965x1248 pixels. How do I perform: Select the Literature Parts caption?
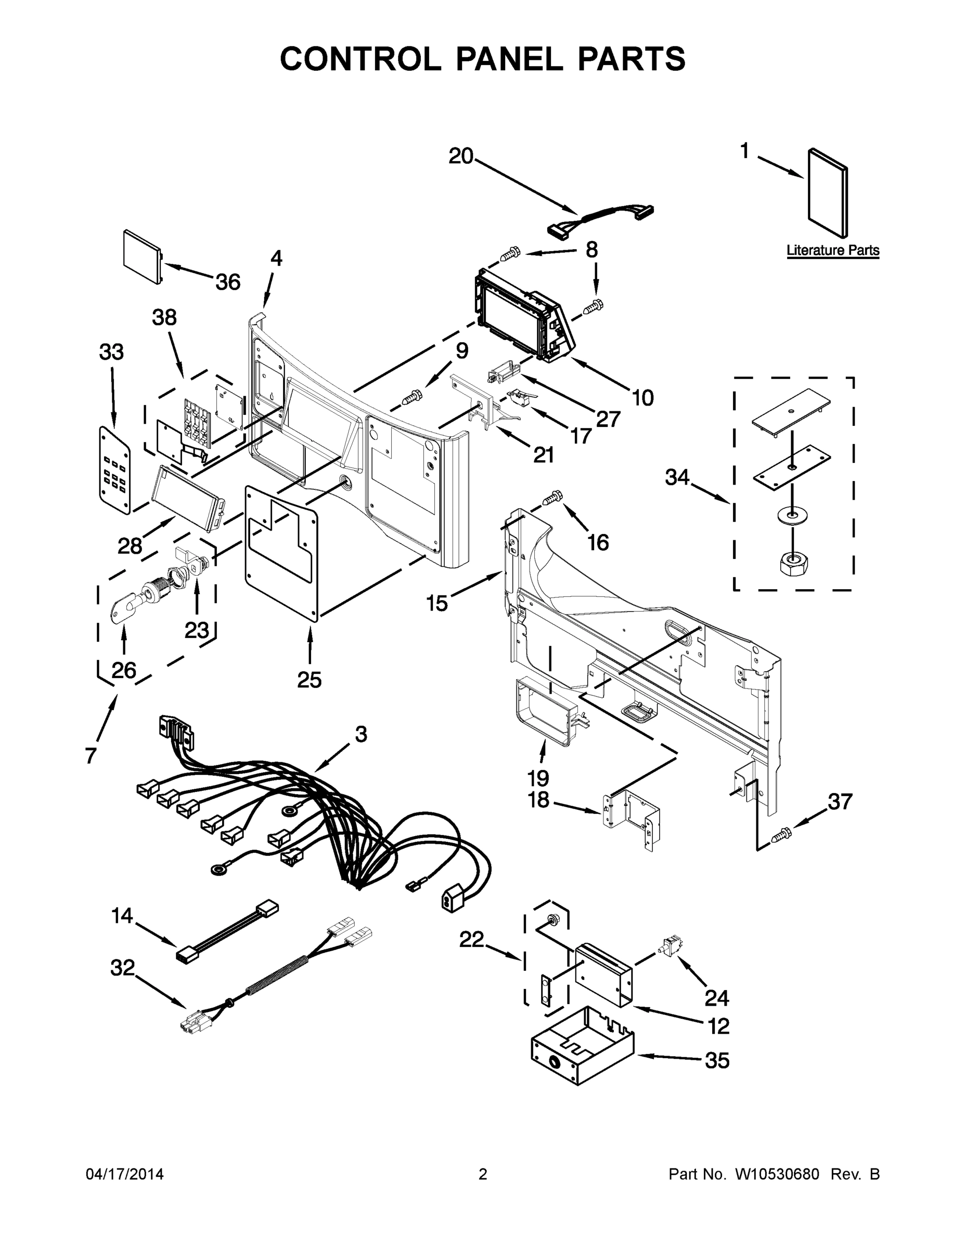point(832,250)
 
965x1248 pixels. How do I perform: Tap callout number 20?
point(461,156)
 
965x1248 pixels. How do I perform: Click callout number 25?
point(310,680)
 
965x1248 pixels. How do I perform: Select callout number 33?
point(111,352)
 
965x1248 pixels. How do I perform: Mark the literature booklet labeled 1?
point(827,193)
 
